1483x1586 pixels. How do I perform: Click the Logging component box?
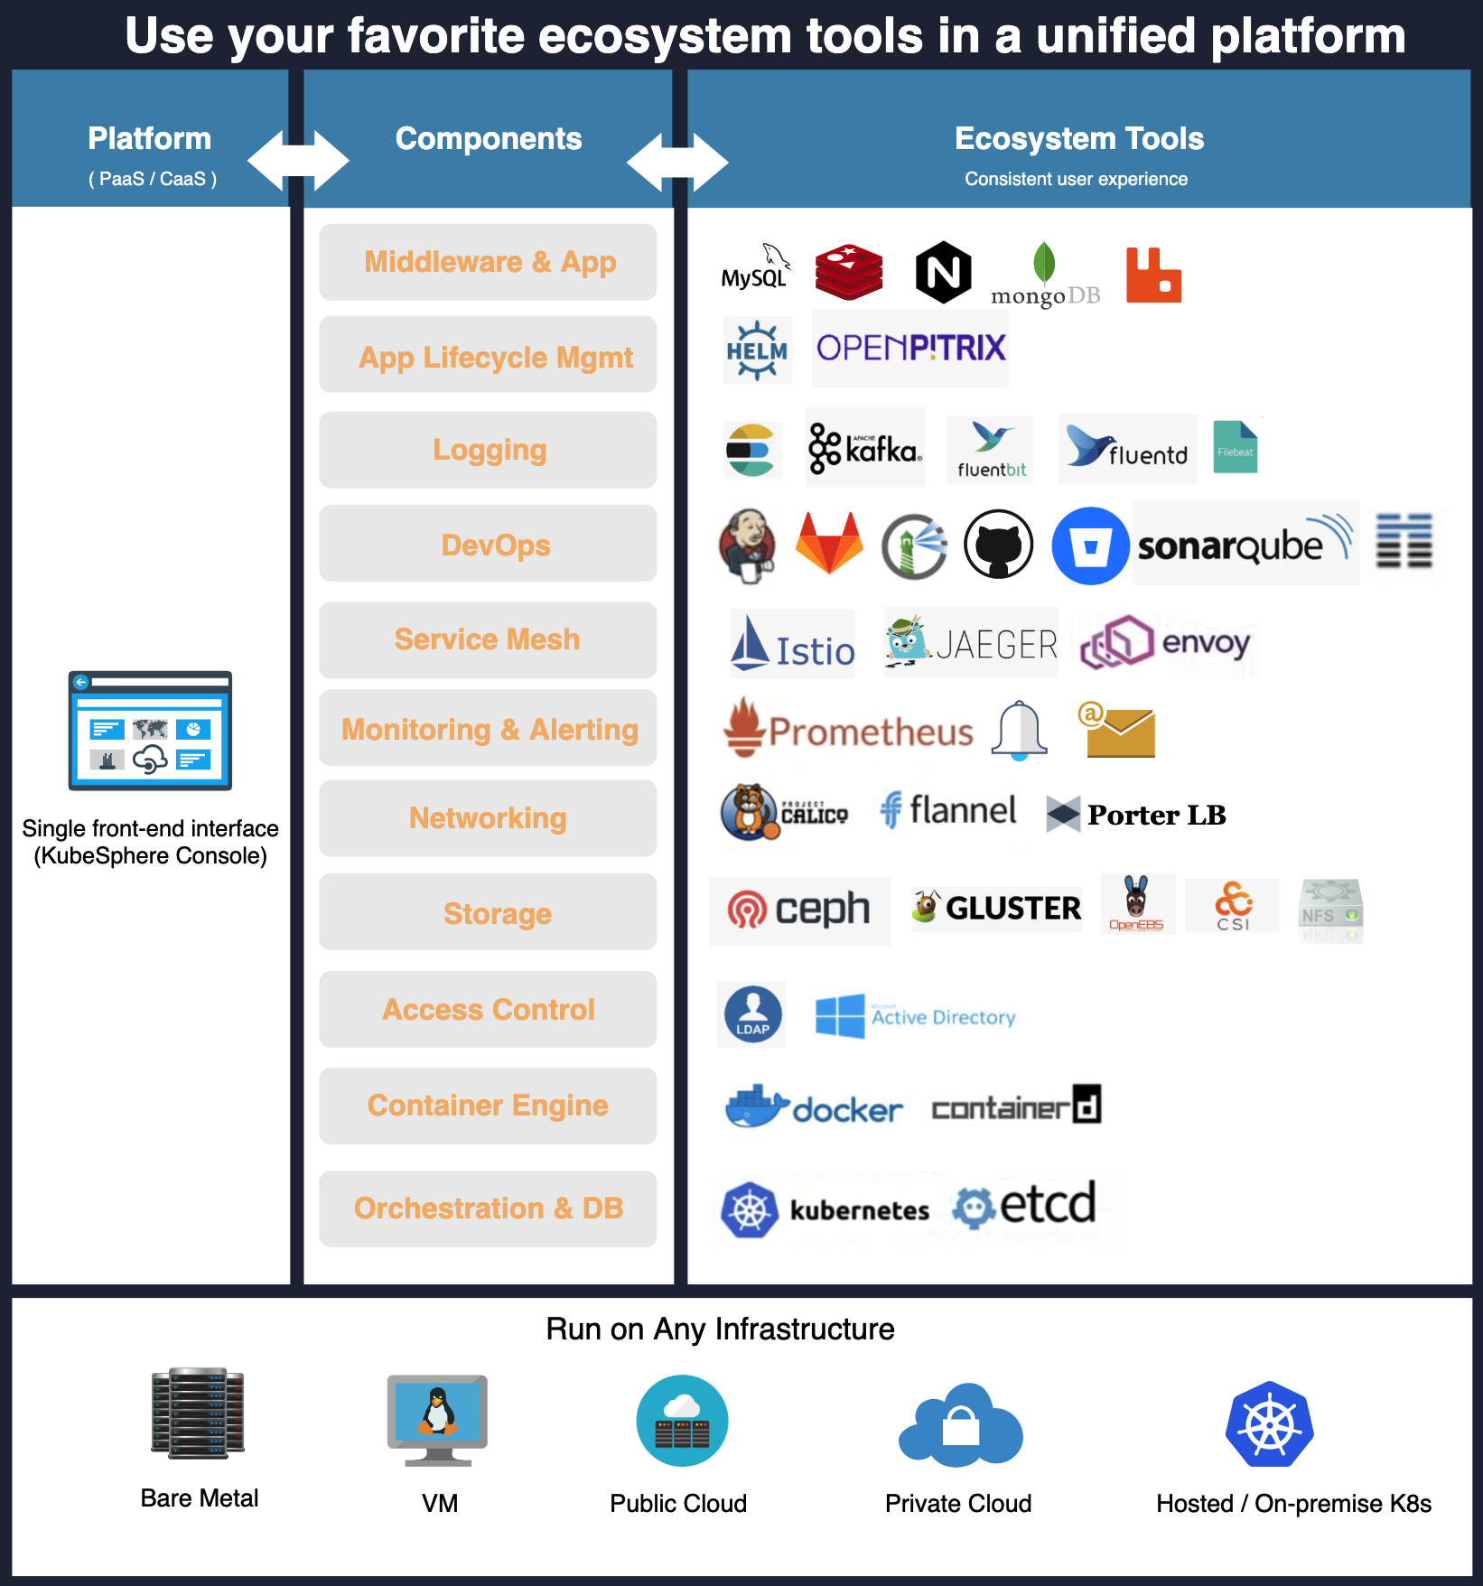click(x=488, y=450)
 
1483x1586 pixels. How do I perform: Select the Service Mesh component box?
click(x=488, y=639)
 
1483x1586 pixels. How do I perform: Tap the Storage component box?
click(x=488, y=912)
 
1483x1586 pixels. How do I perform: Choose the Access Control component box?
click(x=488, y=1009)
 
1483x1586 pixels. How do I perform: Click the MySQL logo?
click(x=755, y=268)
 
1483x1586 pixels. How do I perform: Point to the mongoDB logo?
click(x=1045, y=275)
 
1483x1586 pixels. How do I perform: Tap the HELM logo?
click(x=757, y=350)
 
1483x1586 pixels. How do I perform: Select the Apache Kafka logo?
click(x=864, y=448)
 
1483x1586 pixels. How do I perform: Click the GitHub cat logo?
click(x=998, y=544)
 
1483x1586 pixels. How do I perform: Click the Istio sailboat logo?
click(x=792, y=644)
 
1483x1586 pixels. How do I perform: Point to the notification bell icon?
click(x=1019, y=730)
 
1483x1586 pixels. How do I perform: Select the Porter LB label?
click(x=1136, y=815)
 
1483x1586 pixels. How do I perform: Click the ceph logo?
click(x=799, y=910)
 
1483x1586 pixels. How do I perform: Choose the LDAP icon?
click(x=752, y=1014)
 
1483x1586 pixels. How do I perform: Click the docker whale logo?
click(x=814, y=1106)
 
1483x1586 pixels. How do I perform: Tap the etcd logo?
click(x=1026, y=1205)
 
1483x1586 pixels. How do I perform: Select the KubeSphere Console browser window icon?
click(x=150, y=731)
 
